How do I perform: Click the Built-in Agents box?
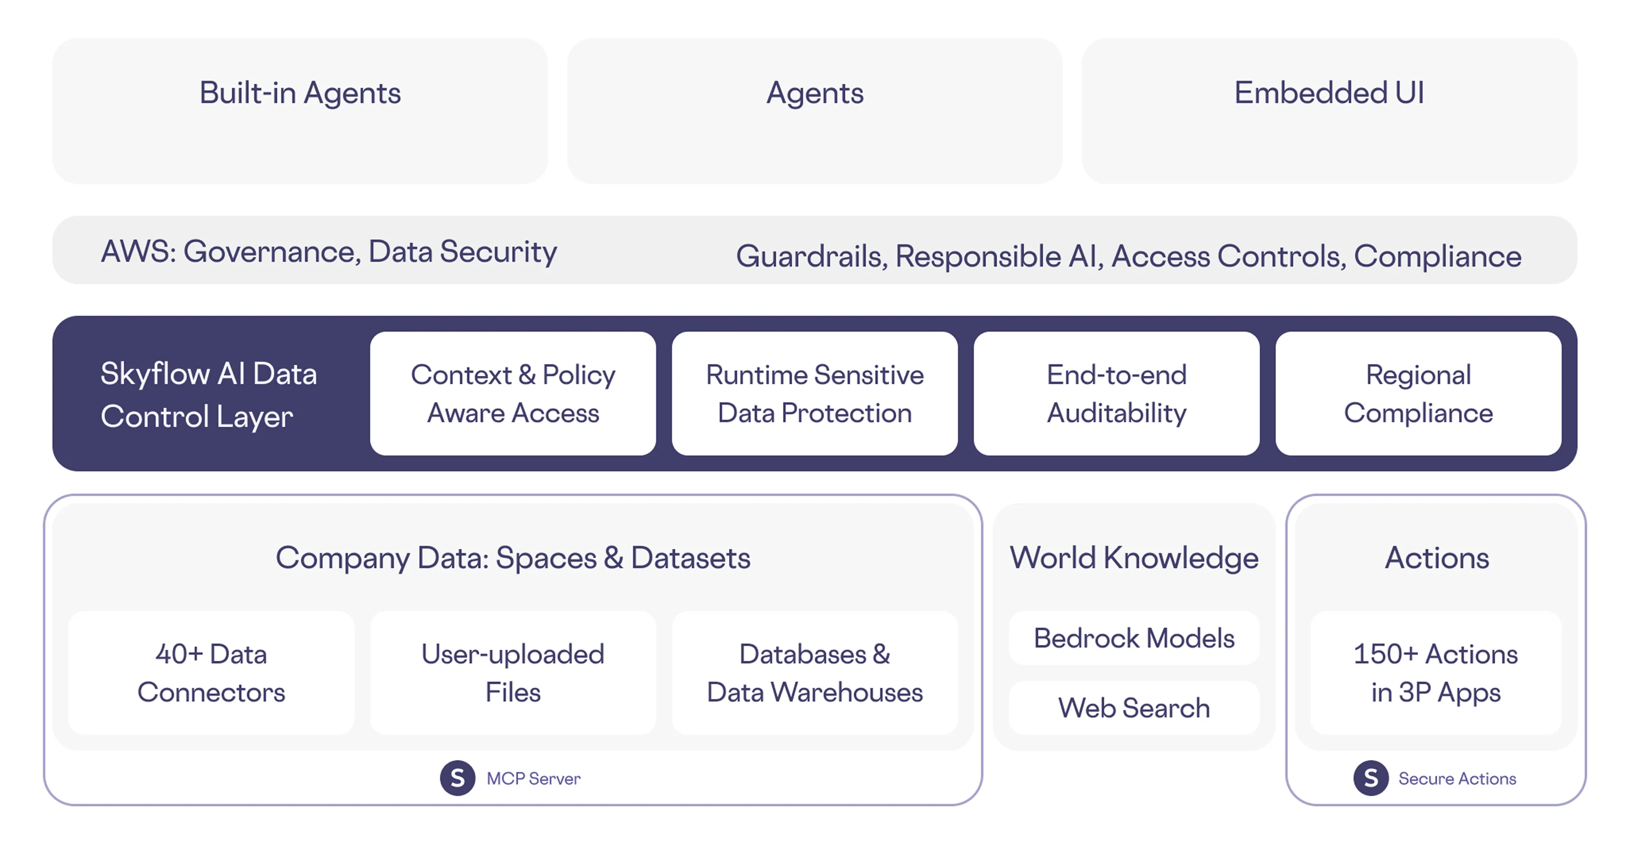pyautogui.click(x=300, y=111)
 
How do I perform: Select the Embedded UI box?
pyautogui.click(x=1329, y=111)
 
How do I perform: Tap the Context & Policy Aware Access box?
pyautogui.click(x=513, y=393)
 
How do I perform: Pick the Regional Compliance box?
pyautogui.click(x=1418, y=393)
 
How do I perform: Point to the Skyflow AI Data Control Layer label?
pyautogui.click(x=209, y=395)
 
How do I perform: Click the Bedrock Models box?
pyautogui.click(x=1134, y=638)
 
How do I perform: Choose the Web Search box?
pyautogui.click(x=1134, y=708)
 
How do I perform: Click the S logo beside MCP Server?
pyautogui.click(x=458, y=778)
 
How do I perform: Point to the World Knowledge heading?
pyautogui.click(x=1134, y=558)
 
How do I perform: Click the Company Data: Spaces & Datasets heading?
pyautogui.click(x=513, y=558)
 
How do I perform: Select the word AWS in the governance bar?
pyautogui.click(x=137, y=252)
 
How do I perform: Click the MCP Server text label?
pyautogui.click(x=533, y=778)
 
